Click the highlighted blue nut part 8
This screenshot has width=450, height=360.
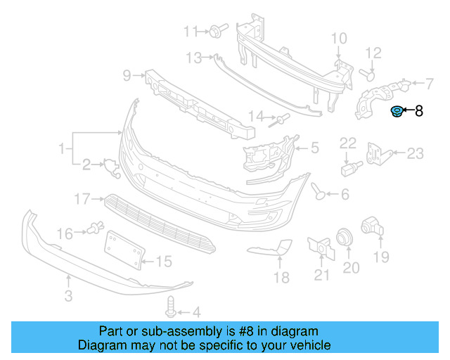pos(397,112)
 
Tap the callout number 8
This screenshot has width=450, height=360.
pos(419,110)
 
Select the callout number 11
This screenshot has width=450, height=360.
pos(191,31)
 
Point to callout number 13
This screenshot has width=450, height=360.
pos(194,57)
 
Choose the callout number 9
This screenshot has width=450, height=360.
pos(127,75)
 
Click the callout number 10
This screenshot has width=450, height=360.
pos(338,38)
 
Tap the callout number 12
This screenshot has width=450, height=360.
pos(373,53)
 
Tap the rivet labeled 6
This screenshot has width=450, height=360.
pos(319,191)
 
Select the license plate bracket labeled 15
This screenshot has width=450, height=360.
pos(124,250)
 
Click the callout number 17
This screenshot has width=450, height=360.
pos(82,200)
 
